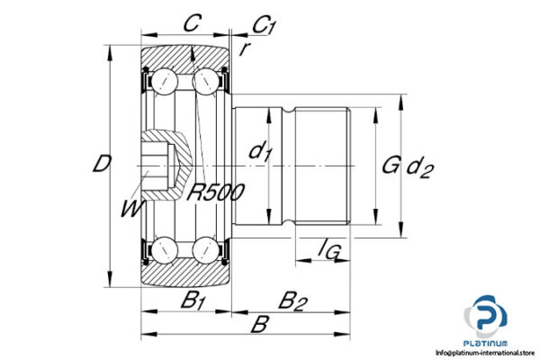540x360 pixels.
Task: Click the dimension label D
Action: point(103,165)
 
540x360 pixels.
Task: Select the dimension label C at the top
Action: point(191,24)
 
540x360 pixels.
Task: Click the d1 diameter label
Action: point(260,153)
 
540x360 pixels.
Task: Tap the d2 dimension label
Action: point(420,166)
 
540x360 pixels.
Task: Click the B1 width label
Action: point(192,301)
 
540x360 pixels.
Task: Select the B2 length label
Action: point(290,301)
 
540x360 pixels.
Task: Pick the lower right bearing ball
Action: point(205,248)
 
